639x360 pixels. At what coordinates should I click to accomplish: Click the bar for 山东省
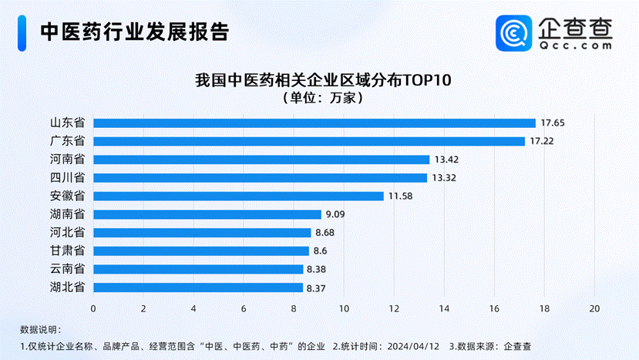click(x=314, y=123)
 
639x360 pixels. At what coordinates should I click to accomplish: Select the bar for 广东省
click(x=309, y=141)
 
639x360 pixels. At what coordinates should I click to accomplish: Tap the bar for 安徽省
click(x=238, y=196)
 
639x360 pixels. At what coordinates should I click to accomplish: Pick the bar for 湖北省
click(x=198, y=288)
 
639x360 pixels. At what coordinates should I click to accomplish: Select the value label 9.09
click(x=335, y=214)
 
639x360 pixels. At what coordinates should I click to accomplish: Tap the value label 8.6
click(x=321, y=251)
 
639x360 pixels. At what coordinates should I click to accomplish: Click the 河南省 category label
click(x=68, y=160)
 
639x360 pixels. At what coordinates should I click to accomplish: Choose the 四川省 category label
click(x=68, y=178)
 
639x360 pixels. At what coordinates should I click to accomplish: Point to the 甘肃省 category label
click(x=68, y=251)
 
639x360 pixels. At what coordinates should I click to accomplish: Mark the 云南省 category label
click(x=68, y=269)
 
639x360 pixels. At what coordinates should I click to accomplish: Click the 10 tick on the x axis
click(x=344, y=308)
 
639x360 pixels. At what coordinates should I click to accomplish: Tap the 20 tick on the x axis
click(x=594, y=308)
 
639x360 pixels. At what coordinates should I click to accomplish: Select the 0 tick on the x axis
click(x=93, y=308)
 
